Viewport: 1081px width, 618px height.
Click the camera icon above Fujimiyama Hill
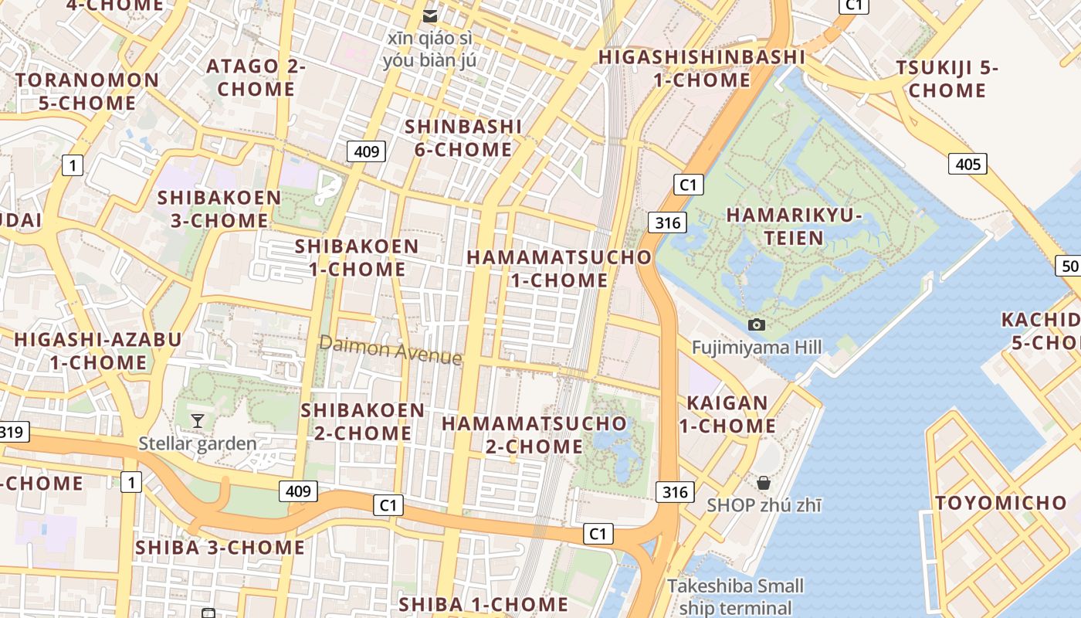757,324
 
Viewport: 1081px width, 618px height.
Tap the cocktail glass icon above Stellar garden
198,421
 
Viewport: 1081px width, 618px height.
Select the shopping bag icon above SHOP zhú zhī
764,483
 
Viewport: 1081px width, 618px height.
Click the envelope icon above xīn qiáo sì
430,15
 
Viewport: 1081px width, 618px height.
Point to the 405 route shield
967,164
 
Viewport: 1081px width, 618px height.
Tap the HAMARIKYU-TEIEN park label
794,226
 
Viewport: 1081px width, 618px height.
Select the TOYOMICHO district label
1001,503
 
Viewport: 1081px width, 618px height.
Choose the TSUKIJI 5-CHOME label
947,79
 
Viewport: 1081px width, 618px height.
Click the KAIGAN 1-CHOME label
727,414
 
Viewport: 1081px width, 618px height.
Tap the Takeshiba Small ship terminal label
735,596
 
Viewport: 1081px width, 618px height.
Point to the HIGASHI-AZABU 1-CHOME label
98,351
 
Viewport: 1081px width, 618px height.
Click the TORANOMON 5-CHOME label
87,91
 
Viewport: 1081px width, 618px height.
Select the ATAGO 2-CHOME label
256,77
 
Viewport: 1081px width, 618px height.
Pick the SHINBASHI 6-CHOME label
463,138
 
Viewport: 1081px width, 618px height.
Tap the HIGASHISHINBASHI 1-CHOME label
702,68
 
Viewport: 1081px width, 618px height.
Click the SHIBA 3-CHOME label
220,548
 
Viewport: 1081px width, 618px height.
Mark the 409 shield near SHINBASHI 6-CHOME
366,151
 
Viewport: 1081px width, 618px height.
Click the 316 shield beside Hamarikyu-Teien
667,223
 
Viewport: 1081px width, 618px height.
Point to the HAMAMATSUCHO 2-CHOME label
534,434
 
